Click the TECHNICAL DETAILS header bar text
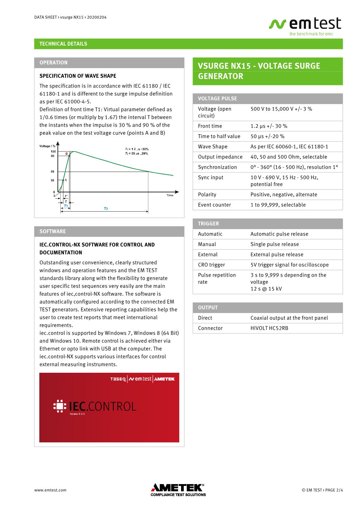[x=63, y=44]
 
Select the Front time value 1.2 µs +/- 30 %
[x=269, y=126]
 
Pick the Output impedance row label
[x=220, y=157]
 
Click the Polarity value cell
[x=284, y=194]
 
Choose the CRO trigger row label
[x=211, y=265]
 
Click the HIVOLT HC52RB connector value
[x=269, y=328]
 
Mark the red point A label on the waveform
[x=66, y=180]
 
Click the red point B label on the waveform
[x=66, y=154]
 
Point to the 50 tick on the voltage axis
[x=53, y=172]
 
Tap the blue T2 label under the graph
[x=106, y=208]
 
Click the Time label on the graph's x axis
[x=170, y=195]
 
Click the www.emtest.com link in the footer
[x=50, y=490]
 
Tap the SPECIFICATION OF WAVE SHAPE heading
[x=78, y=76]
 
